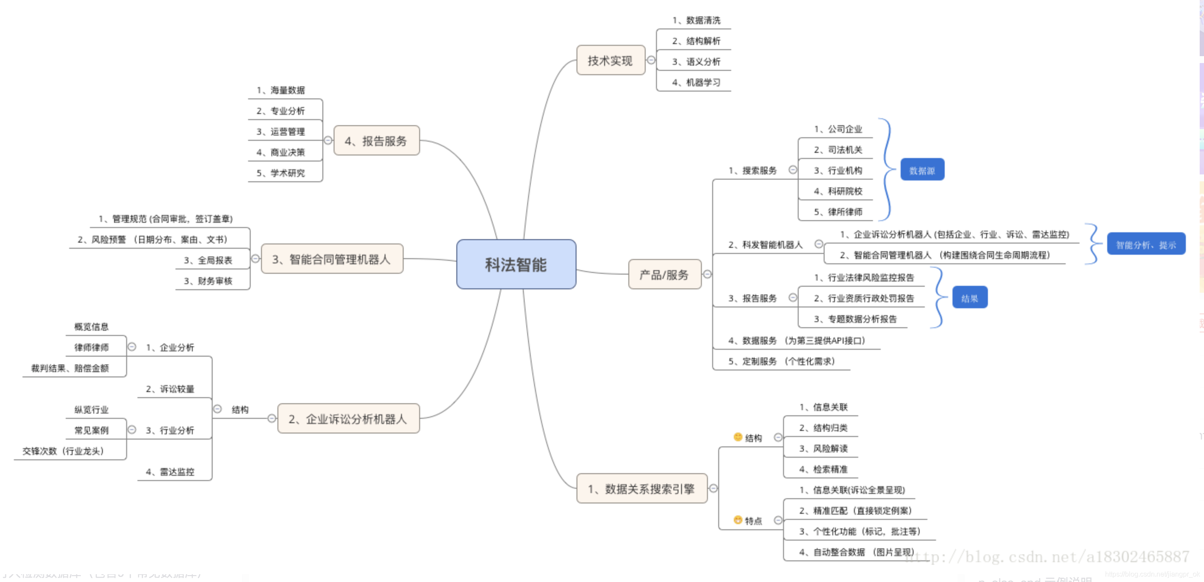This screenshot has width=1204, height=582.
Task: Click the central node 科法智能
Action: point(516,264)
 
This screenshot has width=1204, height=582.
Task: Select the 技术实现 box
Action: point(610,60)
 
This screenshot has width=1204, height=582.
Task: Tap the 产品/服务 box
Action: point(664,275)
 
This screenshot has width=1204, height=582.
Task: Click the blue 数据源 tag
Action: point(922,170)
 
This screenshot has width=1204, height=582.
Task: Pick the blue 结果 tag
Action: point(969,298)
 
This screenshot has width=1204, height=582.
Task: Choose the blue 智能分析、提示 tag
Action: point(1146,244)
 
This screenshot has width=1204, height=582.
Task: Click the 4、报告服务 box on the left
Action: point(376,141)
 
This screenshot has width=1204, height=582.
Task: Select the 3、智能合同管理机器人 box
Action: point(331,259)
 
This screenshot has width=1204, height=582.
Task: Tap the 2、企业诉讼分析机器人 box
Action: point(348,418)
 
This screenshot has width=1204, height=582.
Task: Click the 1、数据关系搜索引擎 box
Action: point(641,489)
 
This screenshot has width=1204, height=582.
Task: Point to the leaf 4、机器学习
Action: point(696,82)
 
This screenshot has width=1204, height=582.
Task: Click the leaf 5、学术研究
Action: point(280,173)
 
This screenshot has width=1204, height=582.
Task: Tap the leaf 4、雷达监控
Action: point(170,472)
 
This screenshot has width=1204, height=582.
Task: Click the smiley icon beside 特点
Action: point(738,520)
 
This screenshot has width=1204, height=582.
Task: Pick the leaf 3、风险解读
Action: point(823,449)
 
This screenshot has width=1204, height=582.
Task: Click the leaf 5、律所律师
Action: point(838,212)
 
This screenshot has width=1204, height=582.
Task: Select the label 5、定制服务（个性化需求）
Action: point(781,361)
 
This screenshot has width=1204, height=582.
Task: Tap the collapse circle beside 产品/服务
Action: point(707,275)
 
